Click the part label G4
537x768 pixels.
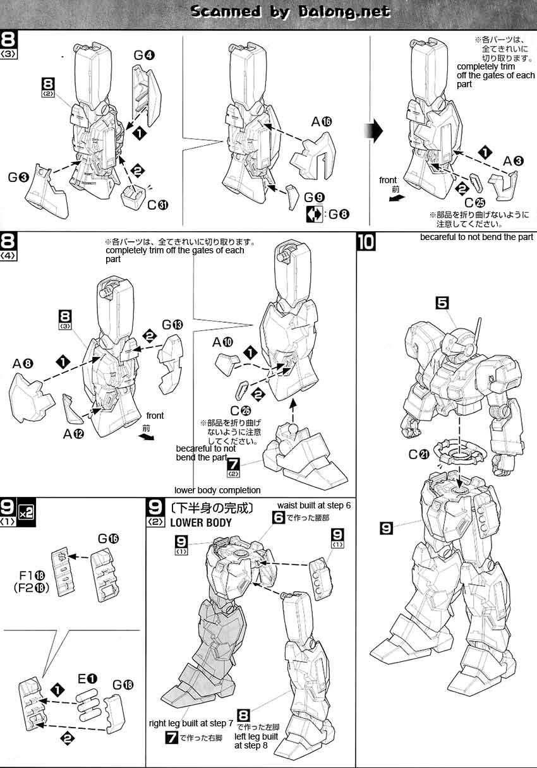pos(143,55)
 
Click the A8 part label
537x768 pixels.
pos(23,364)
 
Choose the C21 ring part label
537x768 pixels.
pos(418,454)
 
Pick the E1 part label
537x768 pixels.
pos(88,679)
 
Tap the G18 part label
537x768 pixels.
pos(123,683)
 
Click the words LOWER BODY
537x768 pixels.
pos(201,522)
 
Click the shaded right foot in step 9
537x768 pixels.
pos(183,688)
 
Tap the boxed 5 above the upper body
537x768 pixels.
pos(443,303)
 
